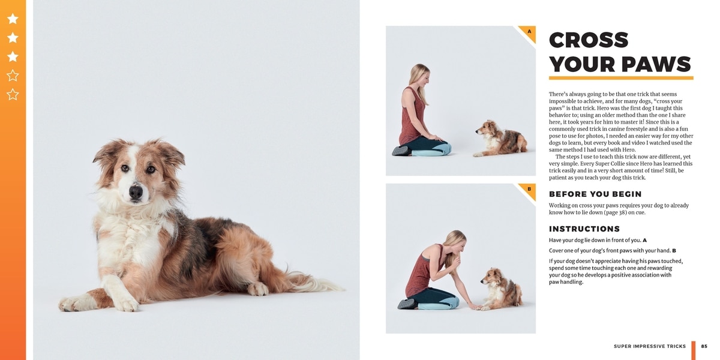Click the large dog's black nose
coord(136,192)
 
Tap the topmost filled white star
coord(13,19)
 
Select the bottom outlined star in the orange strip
coord(13,95)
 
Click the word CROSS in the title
coord(589,40)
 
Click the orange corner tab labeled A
coord(529,32)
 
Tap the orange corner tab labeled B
coord(529,190)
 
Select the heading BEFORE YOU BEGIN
coord(595,194)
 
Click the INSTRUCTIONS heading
coord(584,229)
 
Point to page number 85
coord(704,346)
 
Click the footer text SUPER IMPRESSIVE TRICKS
coord(650,346)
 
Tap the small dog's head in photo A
coord(485,128)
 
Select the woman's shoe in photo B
coord(407,304)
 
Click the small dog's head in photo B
coord(491,277)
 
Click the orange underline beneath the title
coord(621,78)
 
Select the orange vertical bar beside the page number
coord(694,350)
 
